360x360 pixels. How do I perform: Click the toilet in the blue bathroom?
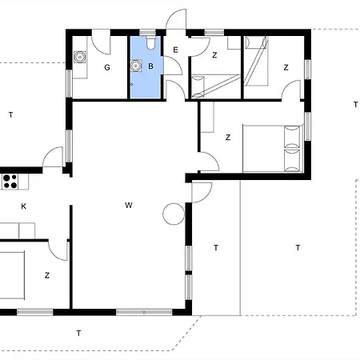point(150,42)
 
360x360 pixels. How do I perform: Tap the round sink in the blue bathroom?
point(136,66)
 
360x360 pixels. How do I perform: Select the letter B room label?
point(150,66)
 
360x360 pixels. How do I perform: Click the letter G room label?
point(107,67)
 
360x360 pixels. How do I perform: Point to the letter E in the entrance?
point(175,50)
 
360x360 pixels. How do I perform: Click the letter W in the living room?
point(129,205)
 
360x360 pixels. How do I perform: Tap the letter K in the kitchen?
point(24,206)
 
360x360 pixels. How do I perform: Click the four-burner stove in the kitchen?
point(10,182)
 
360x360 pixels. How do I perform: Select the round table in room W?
point(174,214)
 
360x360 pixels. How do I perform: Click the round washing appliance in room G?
point(80,57)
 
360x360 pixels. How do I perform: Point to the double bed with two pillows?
point(273,148)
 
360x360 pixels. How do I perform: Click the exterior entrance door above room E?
point(176,18)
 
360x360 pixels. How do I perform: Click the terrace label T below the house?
point(78,333)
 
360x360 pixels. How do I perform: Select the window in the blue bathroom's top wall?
point(147,33)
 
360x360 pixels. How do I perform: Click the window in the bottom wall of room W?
point(144,312)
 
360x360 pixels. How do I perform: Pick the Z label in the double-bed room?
point(228,138)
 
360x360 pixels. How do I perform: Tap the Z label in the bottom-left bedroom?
point(47,275)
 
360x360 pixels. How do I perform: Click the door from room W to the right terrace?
point(202,193)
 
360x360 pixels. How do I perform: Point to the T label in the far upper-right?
point(355,105)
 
